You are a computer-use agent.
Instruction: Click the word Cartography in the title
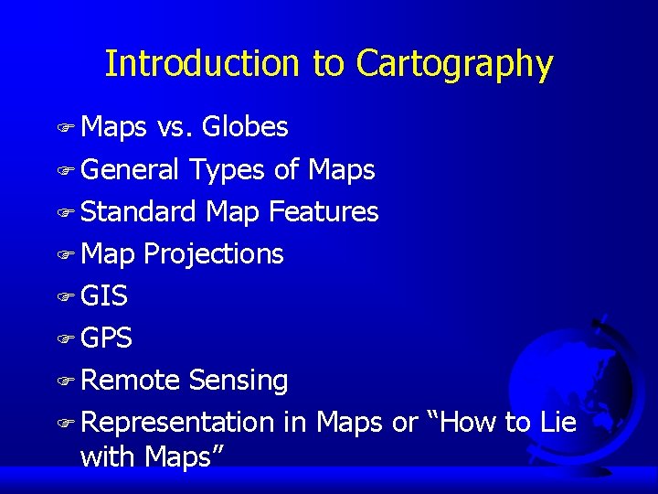(454, 65)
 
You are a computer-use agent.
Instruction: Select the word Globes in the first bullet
(245, 127)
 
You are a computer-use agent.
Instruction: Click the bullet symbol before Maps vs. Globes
(65, 128)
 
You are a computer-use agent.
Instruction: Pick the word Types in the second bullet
(223, 170)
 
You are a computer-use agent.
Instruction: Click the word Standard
(138, 211)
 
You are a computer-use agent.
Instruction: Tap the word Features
(324, 211)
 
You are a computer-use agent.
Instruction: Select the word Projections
(214, 254)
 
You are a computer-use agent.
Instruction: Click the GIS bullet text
(104, 296)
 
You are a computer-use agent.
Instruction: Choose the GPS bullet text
(106, 338)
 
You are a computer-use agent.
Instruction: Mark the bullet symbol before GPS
(65, 339)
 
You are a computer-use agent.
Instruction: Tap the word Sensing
(239, 381)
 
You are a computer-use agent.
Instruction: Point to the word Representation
(177, 423)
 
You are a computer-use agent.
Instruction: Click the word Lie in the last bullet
(557, 422)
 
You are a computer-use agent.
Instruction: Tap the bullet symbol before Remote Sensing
(65, 381)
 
